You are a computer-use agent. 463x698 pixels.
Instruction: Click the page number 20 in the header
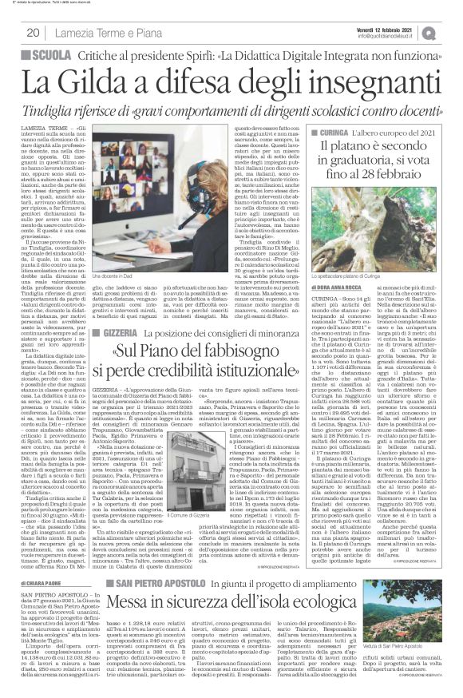33,33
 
